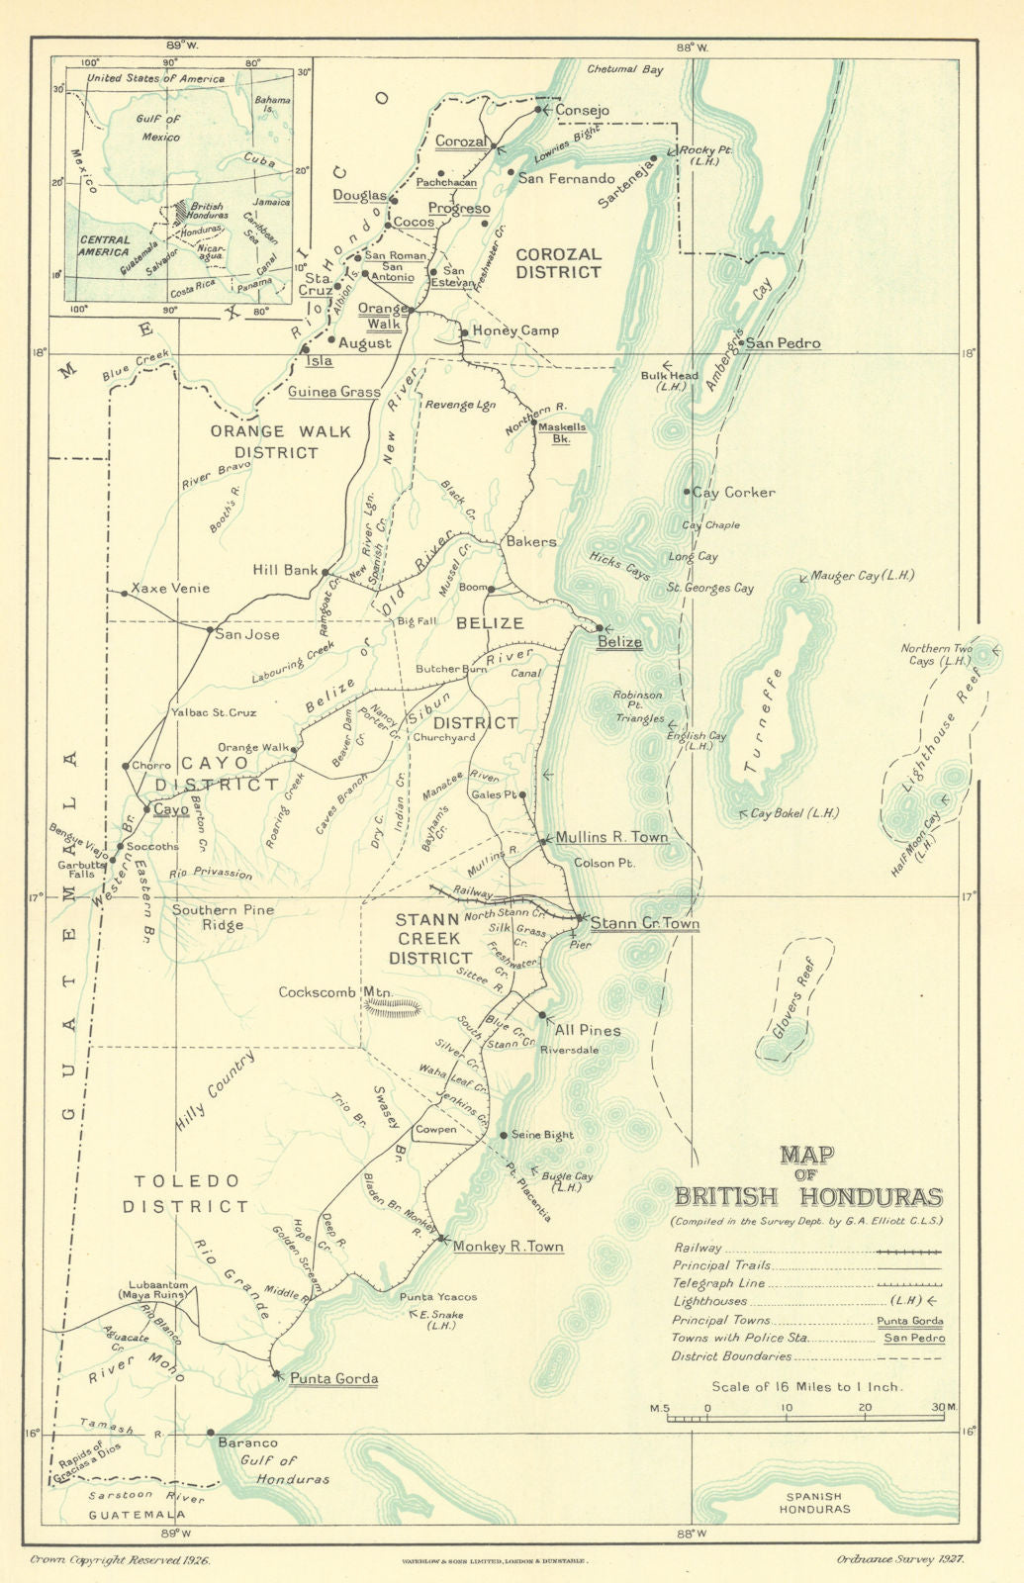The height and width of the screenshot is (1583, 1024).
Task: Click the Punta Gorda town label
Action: point(333,1378)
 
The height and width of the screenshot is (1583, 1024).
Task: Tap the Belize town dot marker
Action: point(599,627)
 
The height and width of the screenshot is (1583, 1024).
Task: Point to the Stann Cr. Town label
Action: point(645,923)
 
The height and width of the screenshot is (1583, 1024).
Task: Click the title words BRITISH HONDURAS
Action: point(807,1196)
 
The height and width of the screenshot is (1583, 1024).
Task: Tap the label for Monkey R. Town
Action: point(508,1247)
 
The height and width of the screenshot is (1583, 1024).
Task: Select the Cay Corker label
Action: point(733,492)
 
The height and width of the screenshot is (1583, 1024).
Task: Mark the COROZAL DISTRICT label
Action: point(558,263)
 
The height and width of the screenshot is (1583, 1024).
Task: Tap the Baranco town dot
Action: point(211,1432)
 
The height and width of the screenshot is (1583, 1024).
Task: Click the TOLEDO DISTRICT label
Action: point(186,1193)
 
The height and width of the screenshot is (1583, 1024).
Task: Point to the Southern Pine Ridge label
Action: point(223,917)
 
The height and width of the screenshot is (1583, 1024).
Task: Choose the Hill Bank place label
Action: point(285,570)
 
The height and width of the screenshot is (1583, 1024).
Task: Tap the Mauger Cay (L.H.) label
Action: point(862,575)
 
